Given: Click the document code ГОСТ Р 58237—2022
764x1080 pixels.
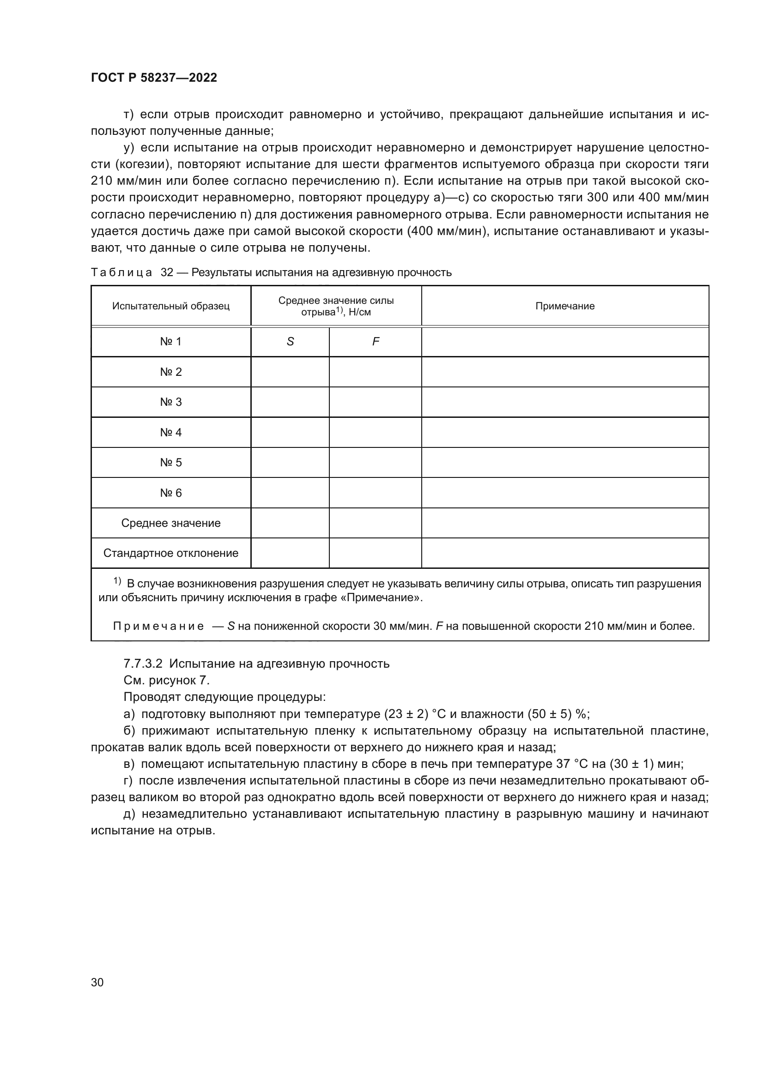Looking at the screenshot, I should pyautogui.click(x=154, y=78).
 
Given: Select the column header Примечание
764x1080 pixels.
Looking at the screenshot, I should pyautogui.click(x=564, y=306).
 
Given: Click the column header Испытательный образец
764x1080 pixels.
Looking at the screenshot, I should pyautogui.click(x=171, y=306).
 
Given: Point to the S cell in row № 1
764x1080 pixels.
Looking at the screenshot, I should pyautogui.click(x=290, y=342).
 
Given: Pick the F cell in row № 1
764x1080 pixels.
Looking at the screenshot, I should pyautogui.click(x=376, y=342).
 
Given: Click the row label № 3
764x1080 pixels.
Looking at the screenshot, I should pyautogui.click(x=171, y=402).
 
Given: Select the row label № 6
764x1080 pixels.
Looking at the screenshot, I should pyautogui.click(x=171, y=493).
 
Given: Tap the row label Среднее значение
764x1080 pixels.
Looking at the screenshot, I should pyautogui.click(x=171, y=523).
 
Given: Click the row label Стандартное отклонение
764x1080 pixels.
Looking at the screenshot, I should pyautogui.click(x=171, y=553).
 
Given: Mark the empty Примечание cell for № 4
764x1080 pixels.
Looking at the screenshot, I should pyautogui.click(x=564, y=432).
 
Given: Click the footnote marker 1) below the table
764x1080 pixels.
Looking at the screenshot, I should pyautogui.click(x=117, y=581).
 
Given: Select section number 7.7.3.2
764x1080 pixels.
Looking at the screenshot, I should pyautogui.click(x=143, y=664).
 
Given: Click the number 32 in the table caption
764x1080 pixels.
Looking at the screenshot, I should pyautogui.click(x=167, y=273).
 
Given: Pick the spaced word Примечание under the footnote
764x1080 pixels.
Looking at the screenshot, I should pyautogui.click(x=158, y=627).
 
